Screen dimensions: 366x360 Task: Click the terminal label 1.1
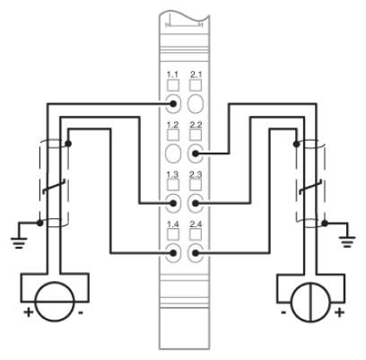click(172, 75)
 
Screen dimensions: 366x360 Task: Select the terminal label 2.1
click(196, 75)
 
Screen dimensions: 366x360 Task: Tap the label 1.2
click(172, 125)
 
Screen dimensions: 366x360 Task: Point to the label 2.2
click(196, 125)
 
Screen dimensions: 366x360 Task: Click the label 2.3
click(196, 174)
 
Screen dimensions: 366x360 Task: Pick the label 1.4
click(172, 224)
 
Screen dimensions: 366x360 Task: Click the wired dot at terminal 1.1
click(173, 104)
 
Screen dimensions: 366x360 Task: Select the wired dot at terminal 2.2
click(196, 154)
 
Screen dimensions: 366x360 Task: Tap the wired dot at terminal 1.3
click(173, 203)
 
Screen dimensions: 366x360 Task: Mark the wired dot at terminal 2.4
click(196, 253)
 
